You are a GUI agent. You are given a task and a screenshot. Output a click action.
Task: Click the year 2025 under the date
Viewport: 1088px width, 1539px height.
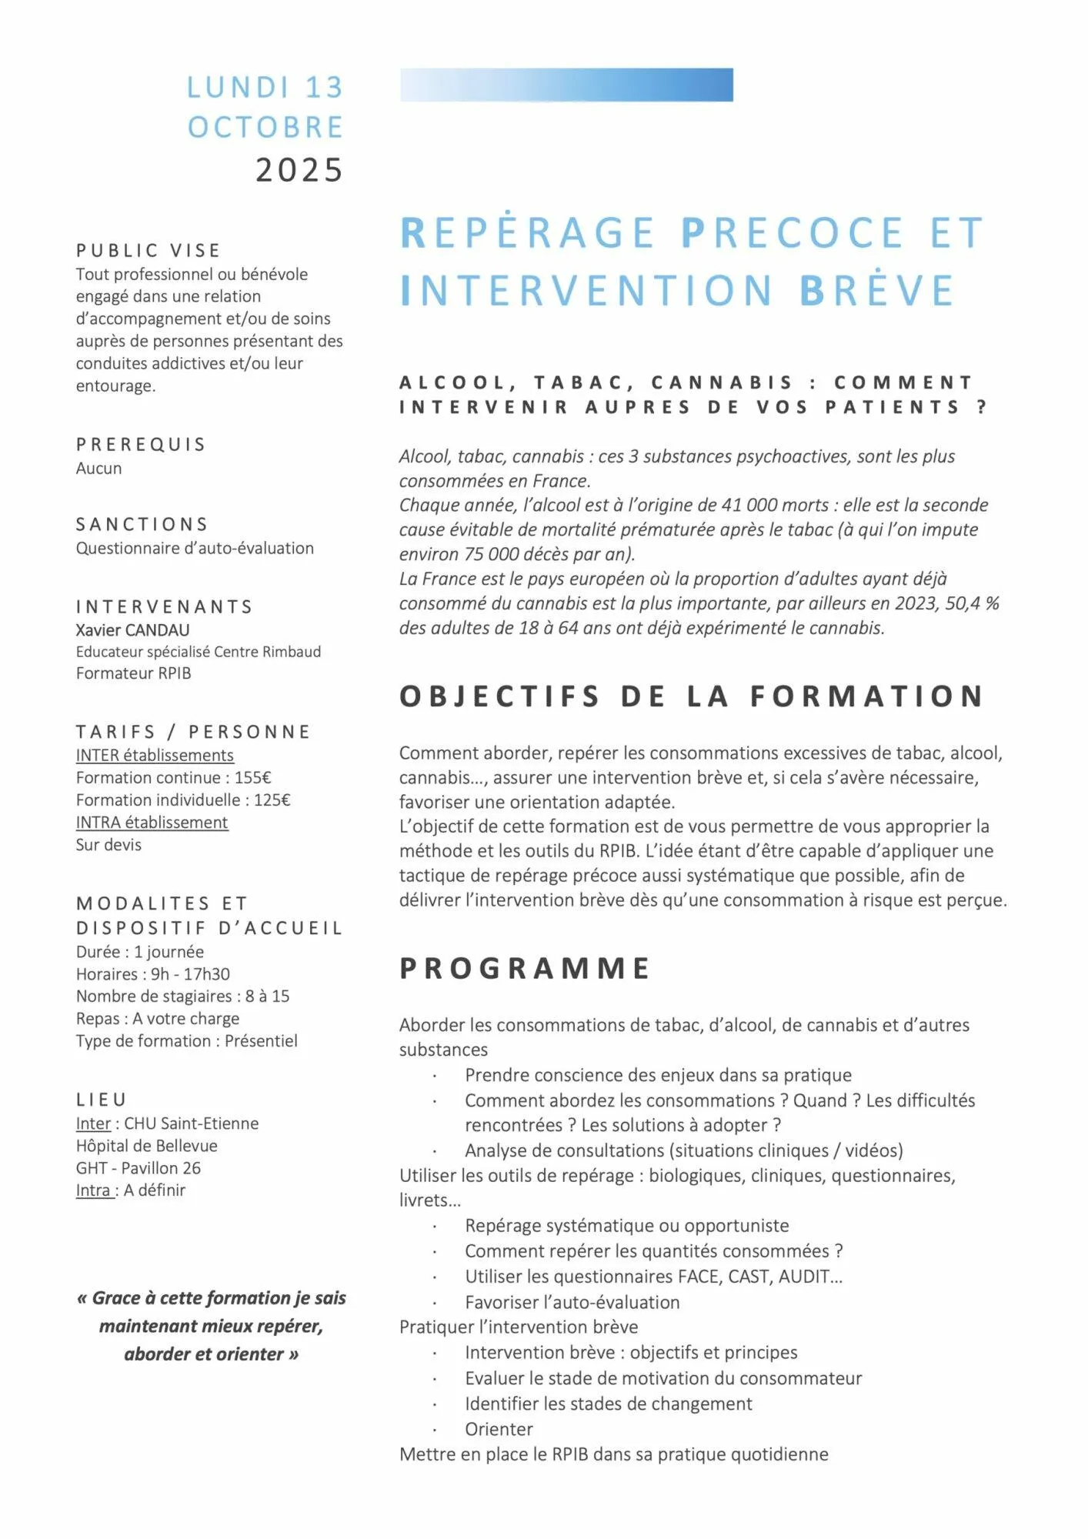point(299,170)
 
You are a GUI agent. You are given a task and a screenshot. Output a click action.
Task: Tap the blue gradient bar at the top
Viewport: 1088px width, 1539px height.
point(566,85)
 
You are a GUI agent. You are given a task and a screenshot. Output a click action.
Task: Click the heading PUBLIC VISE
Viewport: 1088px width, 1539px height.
point(149,251)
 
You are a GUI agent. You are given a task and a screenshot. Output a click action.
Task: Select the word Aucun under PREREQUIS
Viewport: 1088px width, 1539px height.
point(98,468)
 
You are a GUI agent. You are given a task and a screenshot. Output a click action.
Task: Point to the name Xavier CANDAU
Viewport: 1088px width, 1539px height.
point(132,629)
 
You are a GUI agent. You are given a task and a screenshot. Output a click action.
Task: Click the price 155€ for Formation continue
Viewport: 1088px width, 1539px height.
point(253,777)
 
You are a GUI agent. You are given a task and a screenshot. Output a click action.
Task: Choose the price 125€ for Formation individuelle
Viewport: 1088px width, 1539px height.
point(272,800)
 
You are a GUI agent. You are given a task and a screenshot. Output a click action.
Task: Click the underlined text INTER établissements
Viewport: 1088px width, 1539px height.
point(155,755)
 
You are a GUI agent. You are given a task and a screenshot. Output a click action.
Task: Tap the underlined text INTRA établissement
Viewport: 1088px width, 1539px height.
point(152,822)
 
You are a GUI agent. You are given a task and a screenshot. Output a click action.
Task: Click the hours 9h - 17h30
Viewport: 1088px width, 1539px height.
point(190,973)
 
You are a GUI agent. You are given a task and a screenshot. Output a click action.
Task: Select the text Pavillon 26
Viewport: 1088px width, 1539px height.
point(161,1167)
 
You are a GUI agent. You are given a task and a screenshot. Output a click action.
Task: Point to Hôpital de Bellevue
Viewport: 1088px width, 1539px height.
point(146,1145)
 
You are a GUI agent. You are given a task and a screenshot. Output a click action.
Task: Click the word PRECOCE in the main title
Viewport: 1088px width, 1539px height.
point(793,233)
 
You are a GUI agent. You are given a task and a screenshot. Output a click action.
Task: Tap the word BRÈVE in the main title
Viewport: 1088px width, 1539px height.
point(876,291)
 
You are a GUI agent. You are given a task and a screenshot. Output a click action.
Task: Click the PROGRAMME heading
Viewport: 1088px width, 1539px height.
point(525,968)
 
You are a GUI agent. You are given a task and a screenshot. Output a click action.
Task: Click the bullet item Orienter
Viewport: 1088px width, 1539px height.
point(499,1428)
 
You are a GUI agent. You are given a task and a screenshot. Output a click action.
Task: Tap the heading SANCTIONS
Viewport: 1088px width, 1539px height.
point(142,524)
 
